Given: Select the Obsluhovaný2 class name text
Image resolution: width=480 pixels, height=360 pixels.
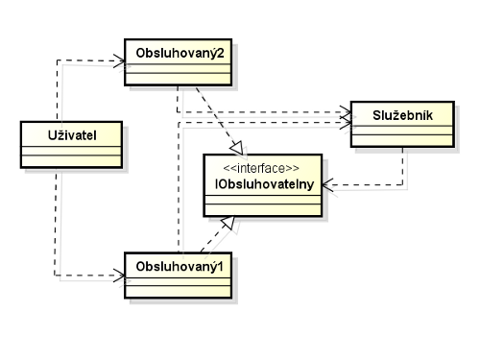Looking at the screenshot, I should [180, 50].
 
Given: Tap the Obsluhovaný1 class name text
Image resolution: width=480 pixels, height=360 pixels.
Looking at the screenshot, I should [180, 262].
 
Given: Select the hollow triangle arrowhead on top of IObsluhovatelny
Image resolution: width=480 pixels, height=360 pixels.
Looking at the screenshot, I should [235, 148].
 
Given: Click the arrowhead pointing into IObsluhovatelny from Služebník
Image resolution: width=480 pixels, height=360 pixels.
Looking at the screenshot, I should [329, 186].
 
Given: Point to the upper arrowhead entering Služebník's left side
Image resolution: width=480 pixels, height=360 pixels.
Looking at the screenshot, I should [347, 113].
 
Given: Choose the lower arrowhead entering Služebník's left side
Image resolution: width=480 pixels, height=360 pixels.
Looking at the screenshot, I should [347, 123].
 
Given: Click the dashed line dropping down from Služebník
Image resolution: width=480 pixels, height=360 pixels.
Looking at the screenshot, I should [402, 168].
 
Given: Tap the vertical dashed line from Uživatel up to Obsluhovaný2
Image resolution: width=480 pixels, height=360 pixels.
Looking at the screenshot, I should [57, 91].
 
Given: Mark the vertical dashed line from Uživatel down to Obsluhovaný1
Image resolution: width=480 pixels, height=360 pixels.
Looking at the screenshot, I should [57, 221].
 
